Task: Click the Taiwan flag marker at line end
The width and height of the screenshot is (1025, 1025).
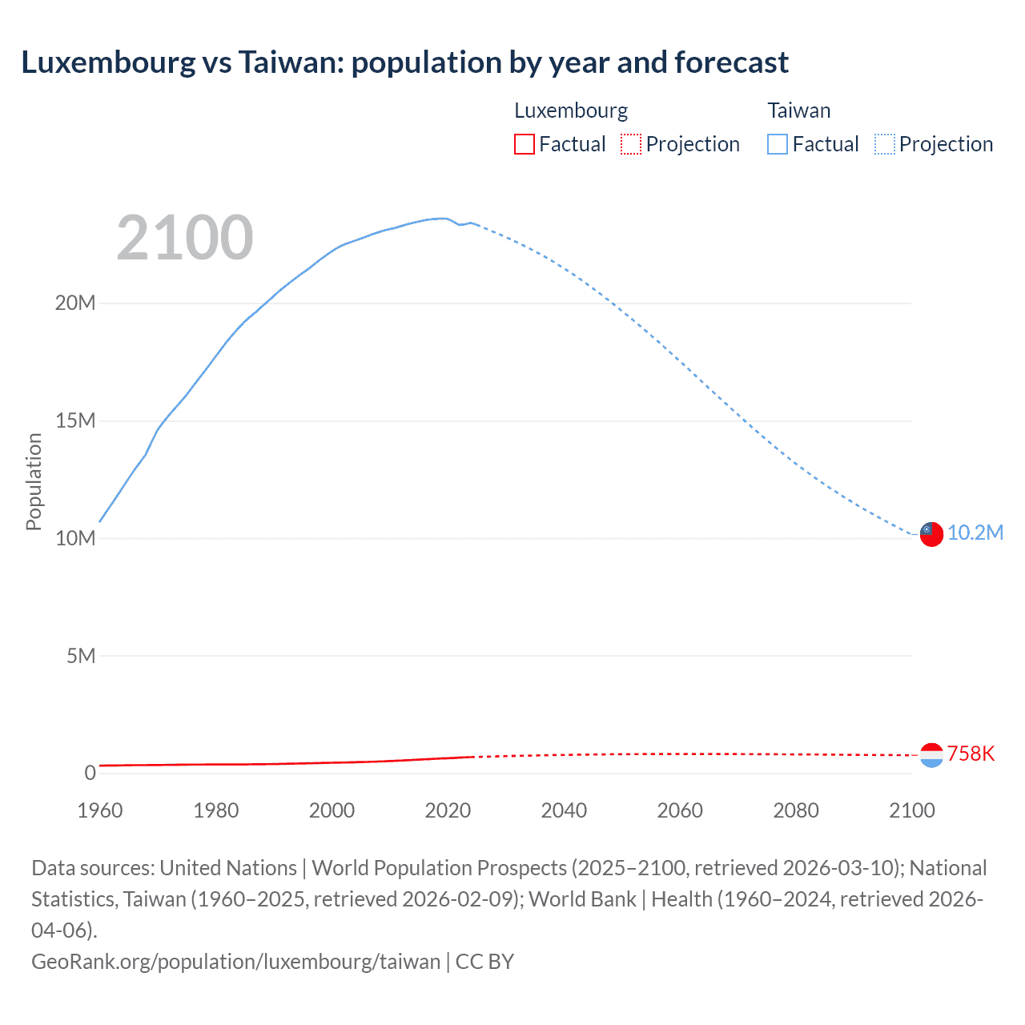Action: (x=931, y=534)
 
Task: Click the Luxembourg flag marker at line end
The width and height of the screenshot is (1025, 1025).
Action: (x=931, y=754)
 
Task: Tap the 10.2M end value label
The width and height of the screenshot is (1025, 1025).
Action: (x=975, y=533)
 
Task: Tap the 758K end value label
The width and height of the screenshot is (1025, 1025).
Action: (x=971, y=754)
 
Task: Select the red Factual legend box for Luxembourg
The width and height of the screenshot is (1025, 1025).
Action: (x=525, y=144)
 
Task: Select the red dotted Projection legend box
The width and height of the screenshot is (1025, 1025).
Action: (x=631, y=144)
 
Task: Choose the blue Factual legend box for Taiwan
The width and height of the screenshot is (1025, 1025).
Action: (x=778, y=144)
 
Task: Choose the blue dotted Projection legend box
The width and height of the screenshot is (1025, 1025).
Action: (x=885, y=144)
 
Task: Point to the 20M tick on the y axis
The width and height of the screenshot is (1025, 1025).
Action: (x=75, y=303)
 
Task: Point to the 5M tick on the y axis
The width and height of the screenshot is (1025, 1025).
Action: (x=81, y=657)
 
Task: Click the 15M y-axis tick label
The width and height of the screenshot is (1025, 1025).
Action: (x=75, y=421)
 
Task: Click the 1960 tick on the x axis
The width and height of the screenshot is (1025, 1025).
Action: (x=100, y=810)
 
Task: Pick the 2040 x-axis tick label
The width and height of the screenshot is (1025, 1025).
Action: (x=564, y=810)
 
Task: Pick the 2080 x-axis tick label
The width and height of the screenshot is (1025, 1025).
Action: (x=796, y=810)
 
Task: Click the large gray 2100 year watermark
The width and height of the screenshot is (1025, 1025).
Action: (x=185, y=238)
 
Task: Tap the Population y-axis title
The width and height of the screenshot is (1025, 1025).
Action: (x=34, y=481)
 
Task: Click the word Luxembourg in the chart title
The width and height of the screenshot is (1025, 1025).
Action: (x=108, y=62)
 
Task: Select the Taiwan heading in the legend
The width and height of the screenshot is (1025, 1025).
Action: (x=799, y=111)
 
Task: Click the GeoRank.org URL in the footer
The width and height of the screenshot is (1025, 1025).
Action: (x=235, y=962)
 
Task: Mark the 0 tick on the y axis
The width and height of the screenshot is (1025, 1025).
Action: (x=90, y=774)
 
